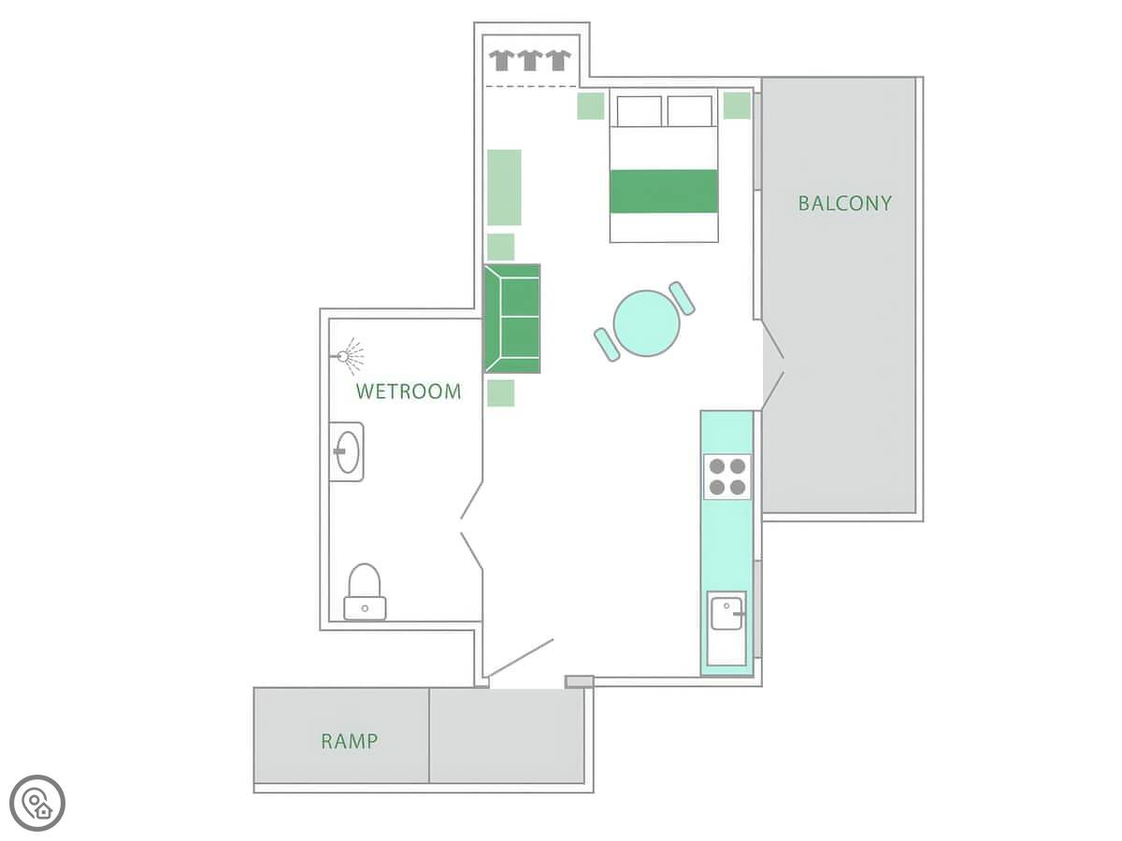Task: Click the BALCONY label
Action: click(x=844, y=203)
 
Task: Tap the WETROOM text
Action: click(x=409, y=392)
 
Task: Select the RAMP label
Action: click(x=349, y=741)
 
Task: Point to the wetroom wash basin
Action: click(x=347, y=452)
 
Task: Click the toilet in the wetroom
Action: click(x=365, y=592)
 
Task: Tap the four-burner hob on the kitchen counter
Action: click(x=726, y=477)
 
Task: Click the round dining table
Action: click(x=646, y=323)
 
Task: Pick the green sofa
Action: click(x=511, y=319)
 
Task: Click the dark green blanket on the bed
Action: click(x=664, y=191)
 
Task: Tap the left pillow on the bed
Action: click(x=639, y=111)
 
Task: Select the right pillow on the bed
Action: click(x=689, y=111)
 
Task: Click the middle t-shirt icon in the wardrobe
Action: click(x=529, y=60)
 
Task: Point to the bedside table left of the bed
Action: click(x=590, y=106)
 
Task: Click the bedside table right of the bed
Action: click(x=737, y=106)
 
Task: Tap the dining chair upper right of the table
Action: click(x=682, y=298)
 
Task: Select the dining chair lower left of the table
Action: click(x=607, y=345)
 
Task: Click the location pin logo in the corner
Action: click(x=37, y=803)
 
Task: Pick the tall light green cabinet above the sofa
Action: click(x=504, y=188)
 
